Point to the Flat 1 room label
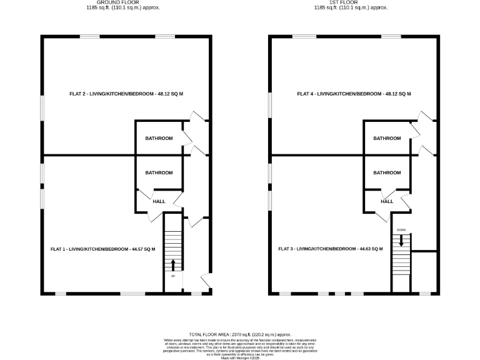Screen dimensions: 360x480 pyautogui.click(x=102, y=249)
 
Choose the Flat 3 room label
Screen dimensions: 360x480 pyautogui.click(x=331, y=249)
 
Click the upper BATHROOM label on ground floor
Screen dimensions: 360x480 pyautogui.click(x=159, y=138)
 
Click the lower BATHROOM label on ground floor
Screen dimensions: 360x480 pyautogui.click(x=159, y=172)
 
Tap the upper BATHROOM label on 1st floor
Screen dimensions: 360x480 pyautogui.click(x=387, y=138)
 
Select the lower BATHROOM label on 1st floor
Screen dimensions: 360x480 pyautogui.click(x=387, y=172)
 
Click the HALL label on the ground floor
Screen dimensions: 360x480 pyautogui.click(x=159, y=201)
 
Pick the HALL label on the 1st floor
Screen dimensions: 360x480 pyautogui.click(x=387, y=201)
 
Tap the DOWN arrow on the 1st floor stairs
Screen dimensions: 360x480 pyautogui.click(x=401, y=239)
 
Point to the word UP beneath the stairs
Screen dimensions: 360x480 pyautogui.click(x=173, y=276)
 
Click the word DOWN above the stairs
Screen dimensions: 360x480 pyautogui.click(x=401, y=230)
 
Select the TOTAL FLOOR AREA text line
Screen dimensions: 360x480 pyautogui.click(x=240, y=334)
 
